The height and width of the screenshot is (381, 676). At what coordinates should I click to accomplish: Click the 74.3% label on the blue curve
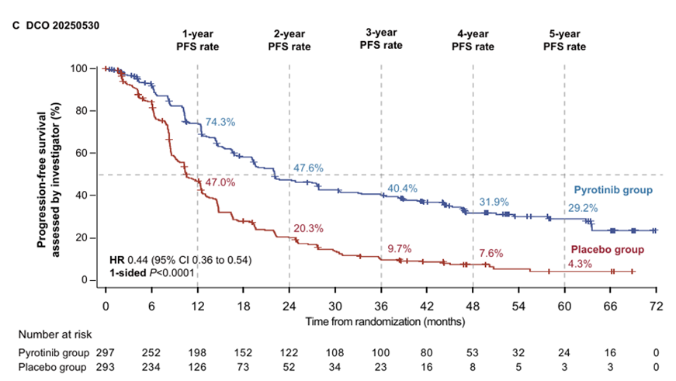[220, 123]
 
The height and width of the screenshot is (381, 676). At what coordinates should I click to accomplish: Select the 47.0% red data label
[220, 182]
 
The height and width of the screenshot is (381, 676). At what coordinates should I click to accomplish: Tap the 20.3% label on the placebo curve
[308, 228]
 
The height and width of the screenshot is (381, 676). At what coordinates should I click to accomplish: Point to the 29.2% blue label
[583, 210]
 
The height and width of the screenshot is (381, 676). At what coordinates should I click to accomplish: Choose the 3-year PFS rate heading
[381, 39]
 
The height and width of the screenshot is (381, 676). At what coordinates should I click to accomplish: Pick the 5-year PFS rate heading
[564, 40]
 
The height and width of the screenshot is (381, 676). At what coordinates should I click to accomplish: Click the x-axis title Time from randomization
[381, 320]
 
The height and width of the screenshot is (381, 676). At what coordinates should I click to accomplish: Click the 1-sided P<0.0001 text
[153, 272]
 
